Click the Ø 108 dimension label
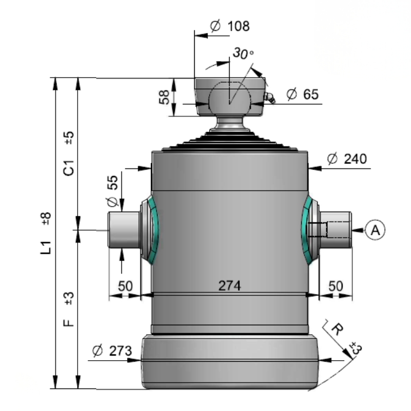(230, 26)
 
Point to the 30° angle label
(243, 53)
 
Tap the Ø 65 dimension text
(303, 95)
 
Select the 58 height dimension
(164, 97)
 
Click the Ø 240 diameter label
(347, 159)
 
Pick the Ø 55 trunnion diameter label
(113, 191)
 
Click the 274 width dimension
(229, 286)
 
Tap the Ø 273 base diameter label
(112, 351)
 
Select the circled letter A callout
(375, 230)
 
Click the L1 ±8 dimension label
(46, 233)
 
